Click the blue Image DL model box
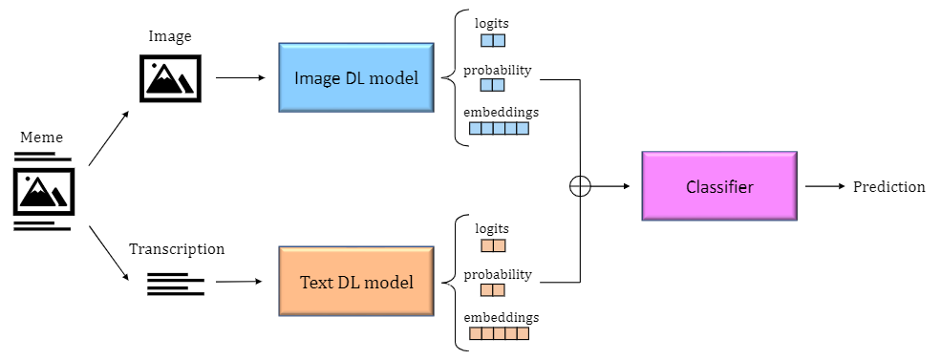(356, 77)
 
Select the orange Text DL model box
(356, 282)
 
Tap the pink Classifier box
(718, 186)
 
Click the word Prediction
(888, 187)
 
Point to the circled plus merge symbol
(580, 186)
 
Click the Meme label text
(41, 138)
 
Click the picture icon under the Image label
(169, 77)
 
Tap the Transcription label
(177, 249)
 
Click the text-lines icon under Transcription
(176, 284)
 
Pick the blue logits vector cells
(492, 41)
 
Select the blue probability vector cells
(492, 85)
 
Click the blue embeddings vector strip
(499, 129)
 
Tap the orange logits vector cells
(492, 245)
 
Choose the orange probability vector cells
(492, 290)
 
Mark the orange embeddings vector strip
(499, 334)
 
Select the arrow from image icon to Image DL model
(240, 77)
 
